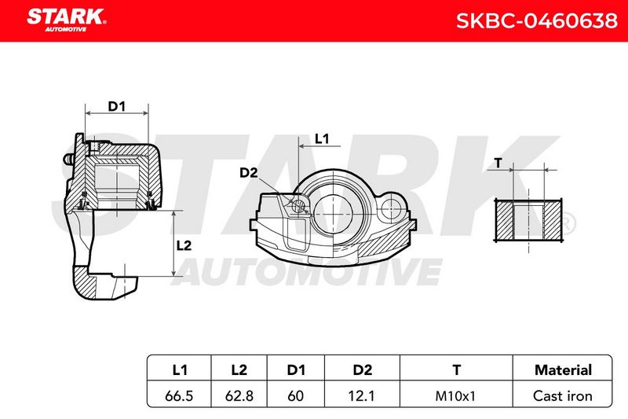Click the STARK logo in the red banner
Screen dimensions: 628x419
[67, 20]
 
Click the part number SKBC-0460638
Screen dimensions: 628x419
[537, 20]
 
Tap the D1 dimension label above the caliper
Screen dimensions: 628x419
[117, 106]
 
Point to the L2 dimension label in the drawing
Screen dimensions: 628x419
[184, 245]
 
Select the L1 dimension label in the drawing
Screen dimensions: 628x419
[322, 138]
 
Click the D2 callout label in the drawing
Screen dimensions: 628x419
[248, 173]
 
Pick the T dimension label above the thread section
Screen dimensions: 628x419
[498, 164]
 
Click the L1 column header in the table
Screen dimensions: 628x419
[180, 369]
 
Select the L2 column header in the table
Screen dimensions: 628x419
[239, 369]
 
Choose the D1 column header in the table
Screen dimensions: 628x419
[296, 369]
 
